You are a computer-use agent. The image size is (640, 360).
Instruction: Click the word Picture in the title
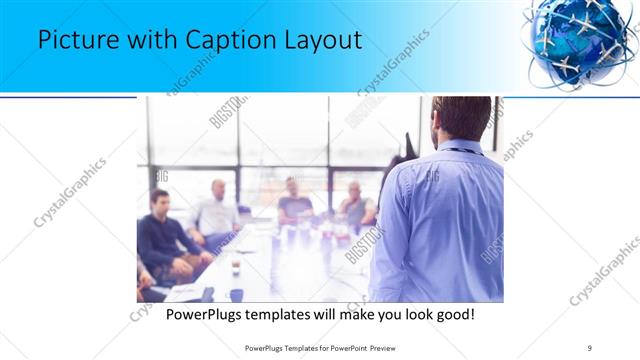pos(73,41)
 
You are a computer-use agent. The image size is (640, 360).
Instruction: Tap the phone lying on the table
pos(208,294)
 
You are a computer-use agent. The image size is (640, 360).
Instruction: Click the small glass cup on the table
pos(236,266)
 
